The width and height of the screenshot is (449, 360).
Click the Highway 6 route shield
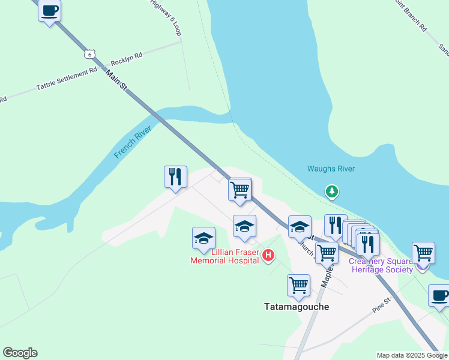[89, 53]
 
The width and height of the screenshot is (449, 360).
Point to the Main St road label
[116, 80]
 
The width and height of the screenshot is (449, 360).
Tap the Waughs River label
[331, 169]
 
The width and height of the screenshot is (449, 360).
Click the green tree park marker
[331, 191]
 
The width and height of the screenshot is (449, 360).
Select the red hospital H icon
[269, 256]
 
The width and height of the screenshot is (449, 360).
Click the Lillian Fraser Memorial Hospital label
[224, 256]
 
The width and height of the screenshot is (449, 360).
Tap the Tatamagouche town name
[297, 306]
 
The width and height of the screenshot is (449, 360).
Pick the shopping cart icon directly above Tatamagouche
[298, 285]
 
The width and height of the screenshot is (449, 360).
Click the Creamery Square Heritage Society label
[381, 265]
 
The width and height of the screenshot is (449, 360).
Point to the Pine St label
[381, 304]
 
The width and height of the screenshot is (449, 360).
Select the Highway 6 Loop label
[166, 17]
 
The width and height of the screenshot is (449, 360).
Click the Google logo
[20, 353]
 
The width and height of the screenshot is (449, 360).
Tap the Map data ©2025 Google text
[412, 355]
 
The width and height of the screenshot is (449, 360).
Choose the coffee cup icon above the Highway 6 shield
[50, 10]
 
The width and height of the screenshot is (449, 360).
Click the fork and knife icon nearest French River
[175, 176]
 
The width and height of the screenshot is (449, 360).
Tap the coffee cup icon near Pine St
[439, 296]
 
